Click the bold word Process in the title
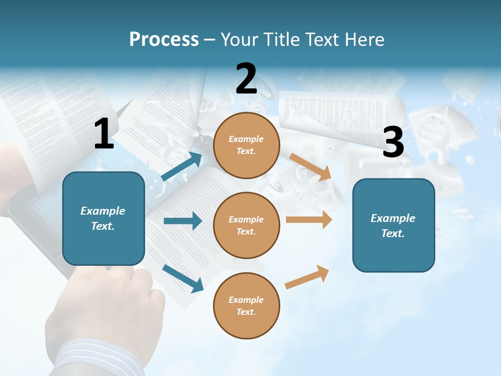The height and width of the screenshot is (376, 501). tap(164, 39)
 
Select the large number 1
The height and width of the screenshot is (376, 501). tap(104, 134)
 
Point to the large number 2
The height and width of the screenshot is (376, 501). tap(246, 79)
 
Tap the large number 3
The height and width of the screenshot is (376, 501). tap(393, 143)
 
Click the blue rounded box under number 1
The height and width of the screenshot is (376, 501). tap(103, 218)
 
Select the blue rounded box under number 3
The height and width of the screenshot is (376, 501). tap(393, 225)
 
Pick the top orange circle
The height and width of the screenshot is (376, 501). tap(246, 145)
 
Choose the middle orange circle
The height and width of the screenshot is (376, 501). tap(246, 225)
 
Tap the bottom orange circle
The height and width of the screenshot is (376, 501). tap(246, 305)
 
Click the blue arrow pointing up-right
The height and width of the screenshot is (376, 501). tap(182, 167)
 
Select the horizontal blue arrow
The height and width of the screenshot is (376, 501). tap(183, 221)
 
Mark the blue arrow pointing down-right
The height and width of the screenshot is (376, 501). tap(183, 278)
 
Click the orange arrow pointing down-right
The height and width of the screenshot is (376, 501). tap(311, 167)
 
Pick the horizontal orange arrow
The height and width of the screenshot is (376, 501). tap(309, 220)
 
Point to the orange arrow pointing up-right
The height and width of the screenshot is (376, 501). tap(307, 277)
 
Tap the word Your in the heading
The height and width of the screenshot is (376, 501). tap(240, 39)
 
